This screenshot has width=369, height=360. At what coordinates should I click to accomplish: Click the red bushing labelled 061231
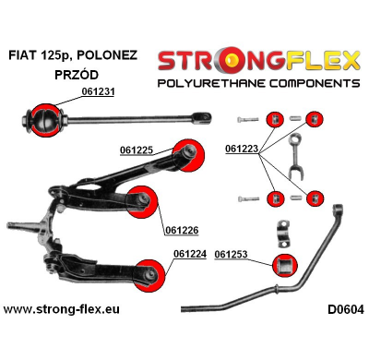[x=43, y=118]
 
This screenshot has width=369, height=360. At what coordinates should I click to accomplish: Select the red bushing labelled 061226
[x=139, y=198]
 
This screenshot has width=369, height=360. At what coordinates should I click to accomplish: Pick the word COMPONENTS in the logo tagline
[x=305, y=83]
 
